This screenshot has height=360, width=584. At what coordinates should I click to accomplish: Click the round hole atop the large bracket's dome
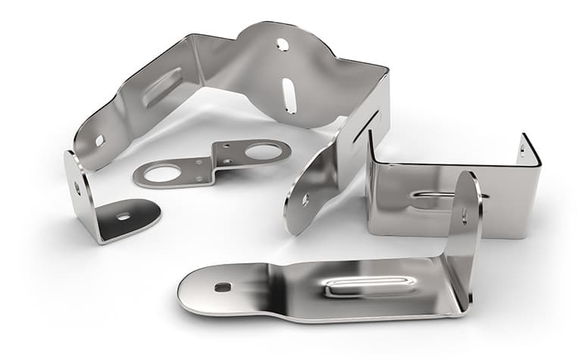pos(283,45)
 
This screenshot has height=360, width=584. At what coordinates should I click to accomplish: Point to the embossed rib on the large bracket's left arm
pos(162,86)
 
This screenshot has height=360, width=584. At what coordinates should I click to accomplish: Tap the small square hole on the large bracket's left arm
pos(99,140)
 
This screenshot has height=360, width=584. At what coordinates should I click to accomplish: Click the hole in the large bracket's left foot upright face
pos(77,186)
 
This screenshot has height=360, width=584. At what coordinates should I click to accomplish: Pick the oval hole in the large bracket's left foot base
pos(123,216)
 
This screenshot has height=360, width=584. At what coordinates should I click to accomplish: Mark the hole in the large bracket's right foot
pos(305,199)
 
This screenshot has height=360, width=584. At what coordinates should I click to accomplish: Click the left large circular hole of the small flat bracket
pos(162,174)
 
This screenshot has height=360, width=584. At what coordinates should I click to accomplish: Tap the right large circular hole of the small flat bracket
pos(262,152)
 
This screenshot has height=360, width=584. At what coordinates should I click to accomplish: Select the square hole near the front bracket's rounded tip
pos(222,287)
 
